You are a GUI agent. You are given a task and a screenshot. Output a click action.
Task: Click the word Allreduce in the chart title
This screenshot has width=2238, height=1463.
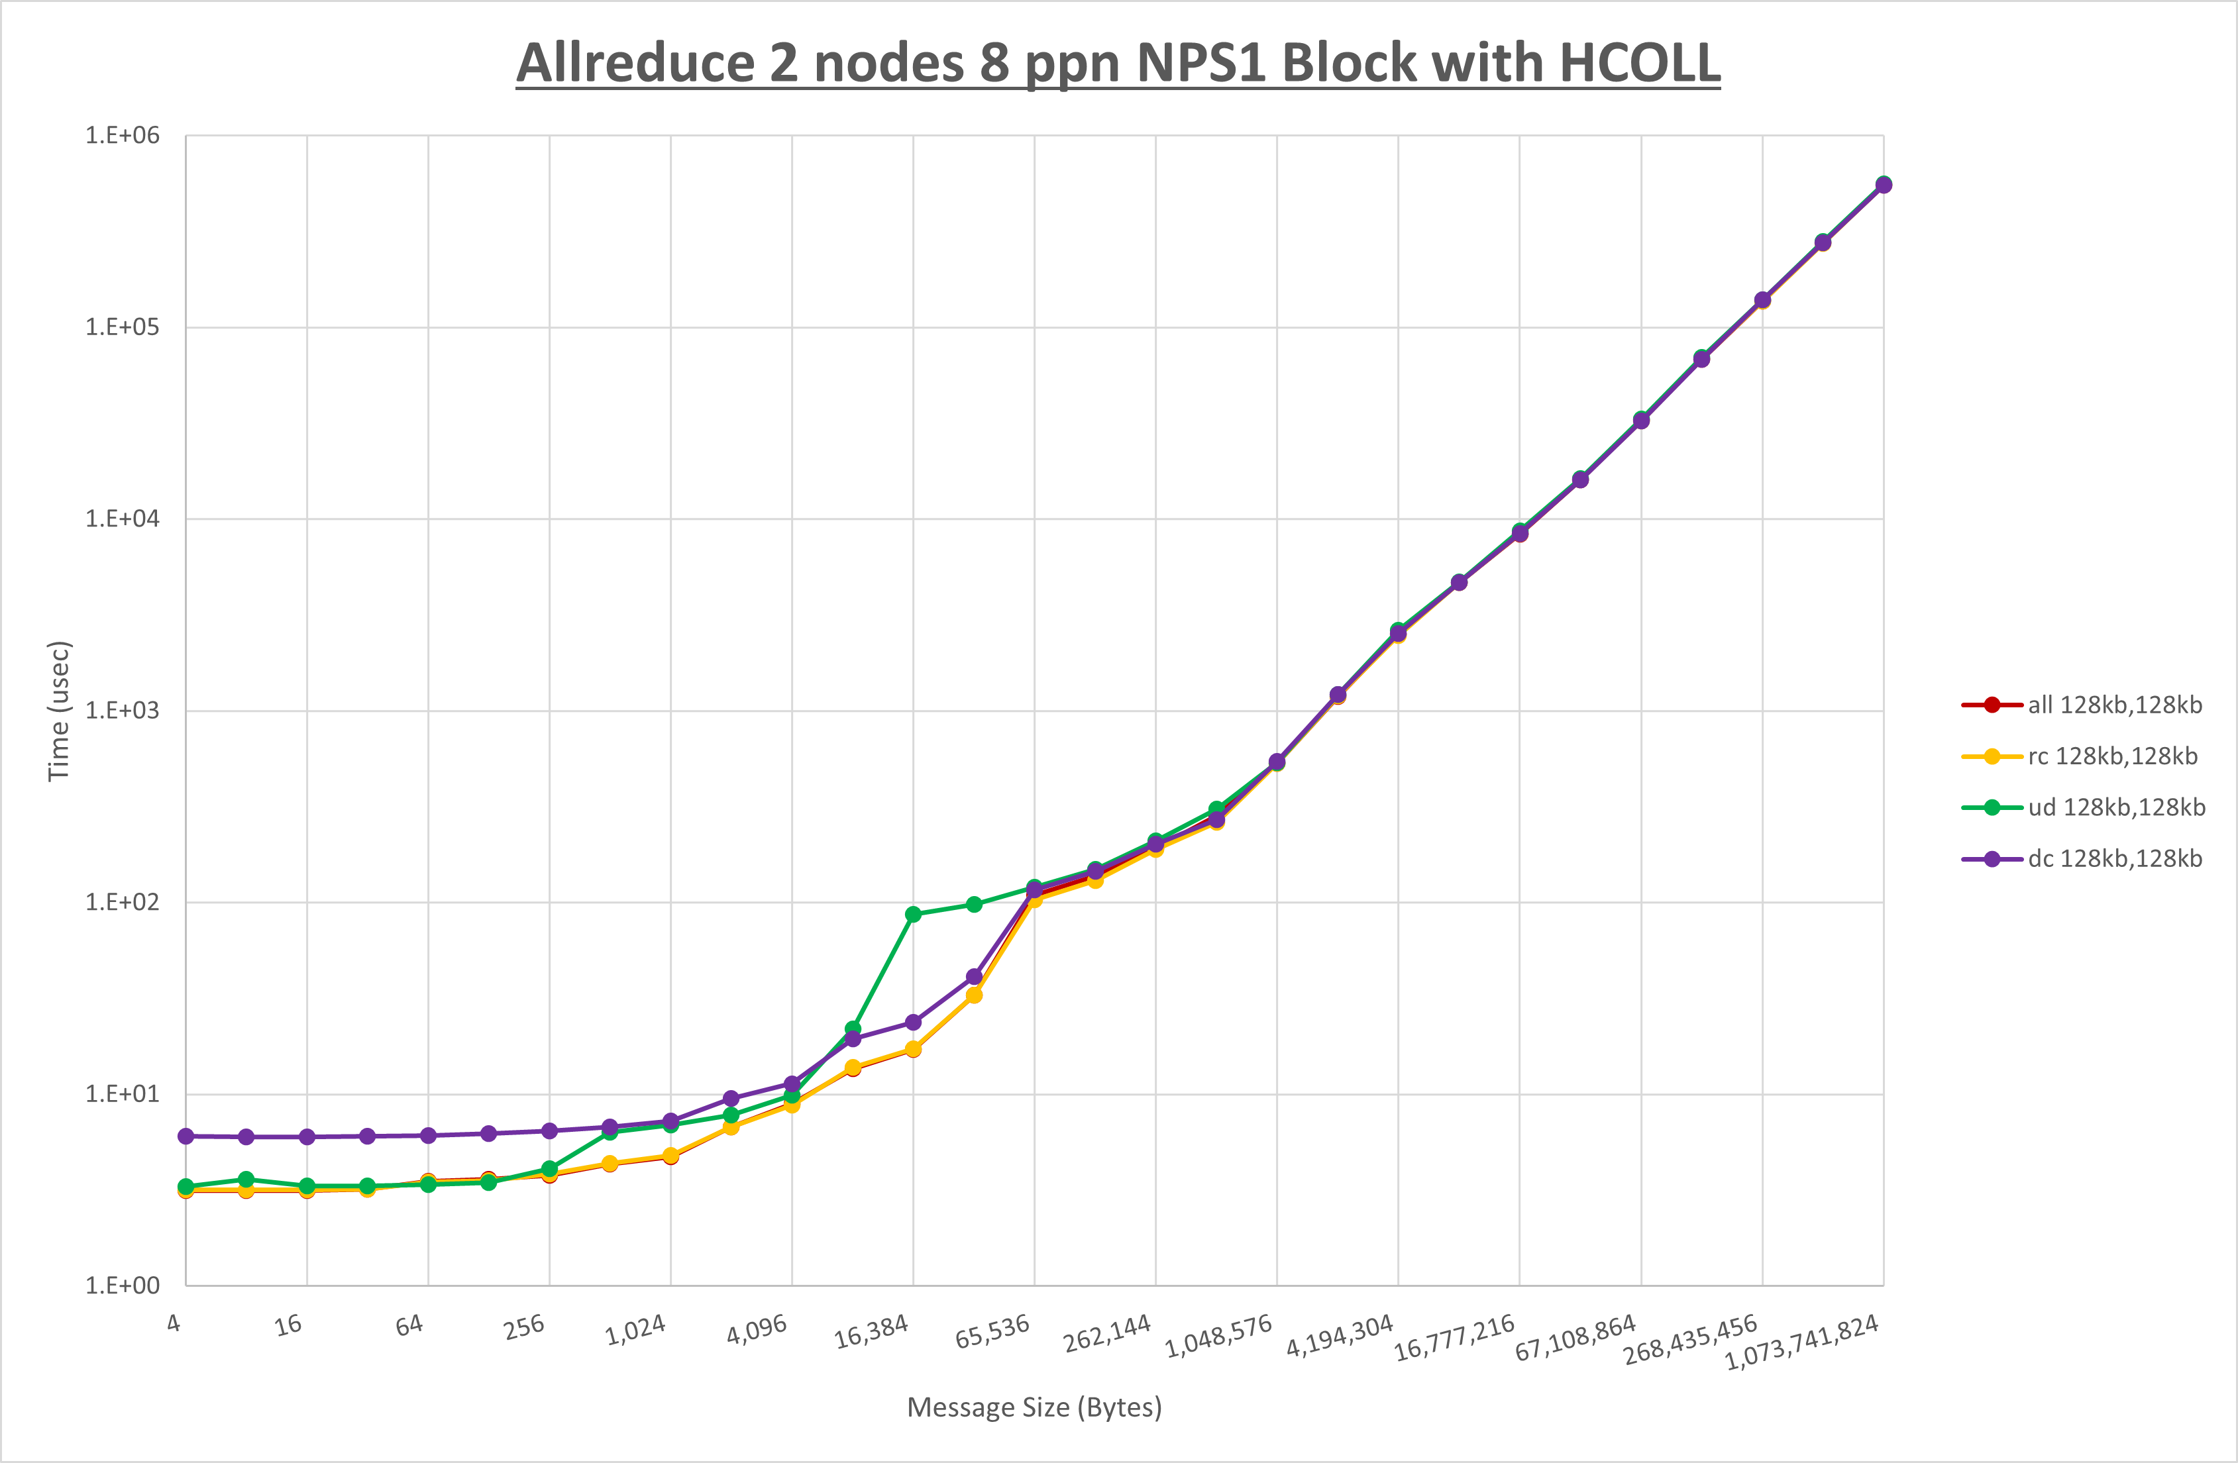pyautogui.click(x=635, y=63)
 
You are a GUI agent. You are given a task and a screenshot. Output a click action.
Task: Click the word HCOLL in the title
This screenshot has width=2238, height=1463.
pyautogui.click(x=1639, y=63)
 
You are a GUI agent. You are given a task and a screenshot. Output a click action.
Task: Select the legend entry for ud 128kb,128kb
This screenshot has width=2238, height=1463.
pyautogui.click(x=2115, y=807)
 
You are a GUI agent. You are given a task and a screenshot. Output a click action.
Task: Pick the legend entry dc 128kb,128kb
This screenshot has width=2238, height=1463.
pyautogui.click(x=2114, y=858)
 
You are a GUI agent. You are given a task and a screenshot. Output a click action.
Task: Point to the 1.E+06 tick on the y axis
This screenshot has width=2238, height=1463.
pyautogui.click(x=123, y=135)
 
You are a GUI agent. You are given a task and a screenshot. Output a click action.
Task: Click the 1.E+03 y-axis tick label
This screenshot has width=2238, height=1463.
pyautogui.click(x=123, y=711)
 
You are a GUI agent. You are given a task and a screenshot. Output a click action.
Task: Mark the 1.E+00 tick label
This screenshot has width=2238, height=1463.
pyautogui.click(x=123, y=1286)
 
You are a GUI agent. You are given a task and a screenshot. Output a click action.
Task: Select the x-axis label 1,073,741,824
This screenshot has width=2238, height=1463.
pyautogui.click(x=1801, y=1342)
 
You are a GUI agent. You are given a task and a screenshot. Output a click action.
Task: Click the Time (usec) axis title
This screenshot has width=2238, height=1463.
pyautogui.click(x=58, y=711)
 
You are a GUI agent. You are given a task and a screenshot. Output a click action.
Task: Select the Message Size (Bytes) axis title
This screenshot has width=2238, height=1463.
pyautogui.click(x=1034, y=1407)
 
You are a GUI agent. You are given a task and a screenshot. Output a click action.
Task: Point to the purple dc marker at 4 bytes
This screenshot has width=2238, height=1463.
pyautogui.click(x=186, y=1136)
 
